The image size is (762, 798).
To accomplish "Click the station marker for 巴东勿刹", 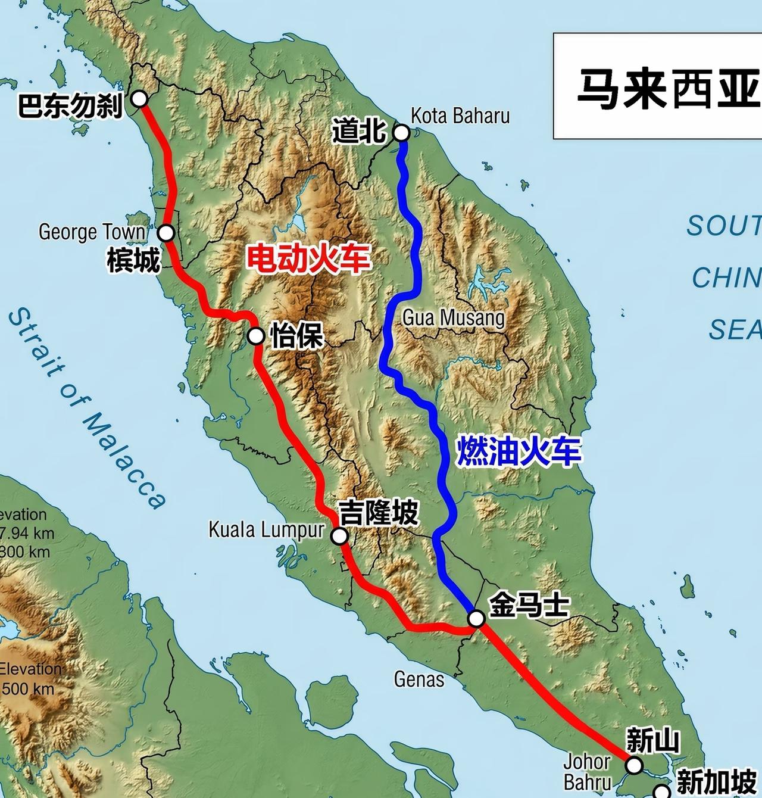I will click(x=139, y=98).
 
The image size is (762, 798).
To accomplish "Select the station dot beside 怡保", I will click(x=256, y=336).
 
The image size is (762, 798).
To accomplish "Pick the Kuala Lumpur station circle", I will click(x=339, y=536).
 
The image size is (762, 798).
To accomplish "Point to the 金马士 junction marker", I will click(x=476, y=619).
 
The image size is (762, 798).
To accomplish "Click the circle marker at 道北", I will click(x=402, y=132).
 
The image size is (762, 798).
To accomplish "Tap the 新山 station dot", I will click(x=635, y=765).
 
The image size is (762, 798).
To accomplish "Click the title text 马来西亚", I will click(x=667, y=88).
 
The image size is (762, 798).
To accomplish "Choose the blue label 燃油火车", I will click(x=518, y=451).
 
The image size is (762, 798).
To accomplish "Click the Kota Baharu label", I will click(x=460, y=116).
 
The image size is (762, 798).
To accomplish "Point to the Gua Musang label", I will click(x=454, y=318).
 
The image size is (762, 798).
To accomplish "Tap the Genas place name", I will click(x=419, y=679).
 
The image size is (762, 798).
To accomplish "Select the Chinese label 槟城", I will click(x=134, y=260).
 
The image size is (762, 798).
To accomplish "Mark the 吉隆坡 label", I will click(x=379, y=512).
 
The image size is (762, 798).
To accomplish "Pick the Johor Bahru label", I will click(x=587, y=771).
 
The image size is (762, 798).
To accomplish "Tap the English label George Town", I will click(x=92, y=232).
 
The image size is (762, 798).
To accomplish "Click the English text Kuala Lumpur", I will click(x=266, y=529).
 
